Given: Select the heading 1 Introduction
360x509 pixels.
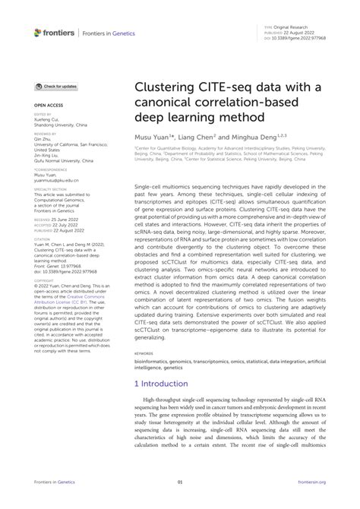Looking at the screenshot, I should (164, 406).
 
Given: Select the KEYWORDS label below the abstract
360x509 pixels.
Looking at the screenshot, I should (147, 375).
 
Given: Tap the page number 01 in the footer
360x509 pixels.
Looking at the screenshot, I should (180, 502).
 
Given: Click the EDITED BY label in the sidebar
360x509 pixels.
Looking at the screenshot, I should (42, 115).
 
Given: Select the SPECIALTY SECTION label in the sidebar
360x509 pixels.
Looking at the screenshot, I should (49, 189).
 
